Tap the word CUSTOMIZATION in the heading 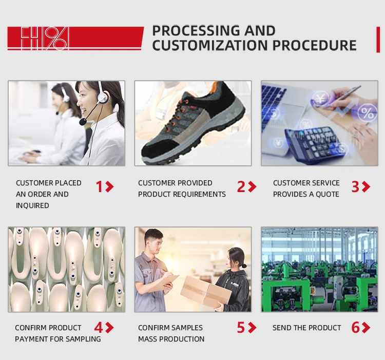210,45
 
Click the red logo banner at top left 74,39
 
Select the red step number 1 100,187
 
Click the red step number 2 241,187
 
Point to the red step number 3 355,187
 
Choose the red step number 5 241,328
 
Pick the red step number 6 355,328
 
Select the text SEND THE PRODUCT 306,328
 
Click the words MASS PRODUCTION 171,339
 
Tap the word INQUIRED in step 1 32,205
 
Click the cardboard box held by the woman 205,292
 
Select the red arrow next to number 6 366,328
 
